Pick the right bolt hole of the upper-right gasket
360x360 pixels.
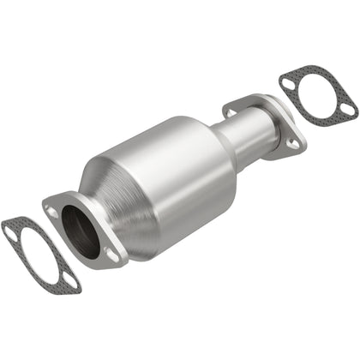click(347, 109)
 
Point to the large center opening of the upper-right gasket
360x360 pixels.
click(317, 95)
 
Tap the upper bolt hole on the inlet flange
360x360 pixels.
click(54, 208)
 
